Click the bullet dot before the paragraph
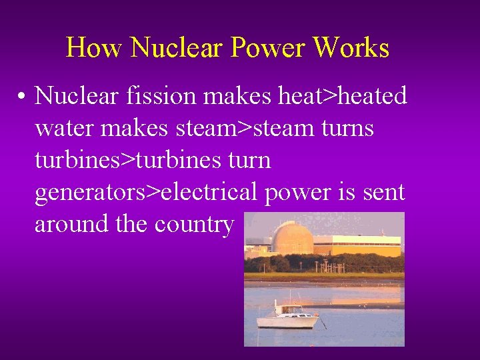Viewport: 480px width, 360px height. pyautogui.click(x=22, y=97)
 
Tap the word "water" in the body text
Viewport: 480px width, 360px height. pyautogui.click(x=64, y=128)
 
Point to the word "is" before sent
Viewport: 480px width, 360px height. pyautogui.click(x=345, y=192)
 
